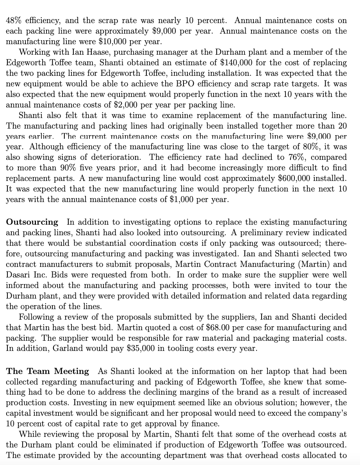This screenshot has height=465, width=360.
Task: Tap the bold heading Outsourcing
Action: point(32,222)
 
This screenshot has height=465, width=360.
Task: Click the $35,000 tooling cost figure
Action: point(140,348)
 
